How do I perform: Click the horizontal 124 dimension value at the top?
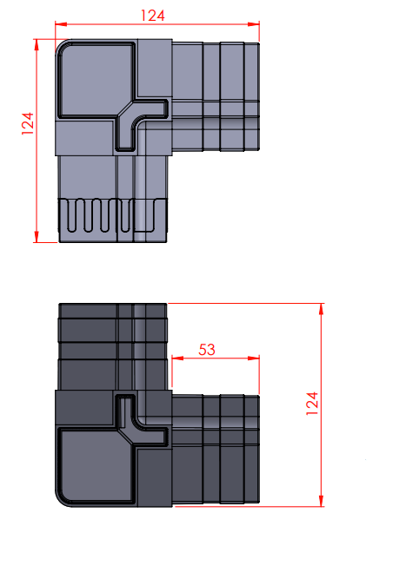tap(152, 16)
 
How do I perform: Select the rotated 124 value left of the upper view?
tap(28, 123)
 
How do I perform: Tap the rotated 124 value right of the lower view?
tap(312, 404)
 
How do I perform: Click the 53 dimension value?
tap(207, 350)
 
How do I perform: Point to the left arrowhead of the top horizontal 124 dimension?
tap(61, 24)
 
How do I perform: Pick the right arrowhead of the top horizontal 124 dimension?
tap(254, 24)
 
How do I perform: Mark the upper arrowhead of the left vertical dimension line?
tap(37, 45)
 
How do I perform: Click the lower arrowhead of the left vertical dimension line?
tap(37, 236)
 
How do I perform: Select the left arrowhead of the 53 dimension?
tap(177, 358)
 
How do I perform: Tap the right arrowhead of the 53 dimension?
tap(254, 358)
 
